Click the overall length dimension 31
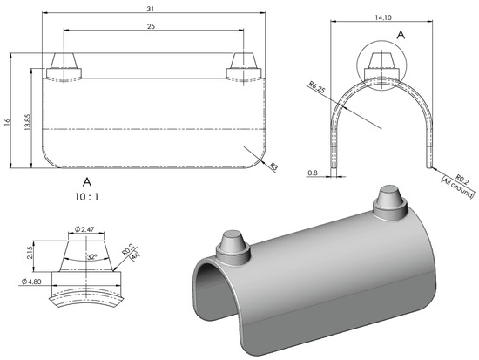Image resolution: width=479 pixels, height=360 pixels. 150,9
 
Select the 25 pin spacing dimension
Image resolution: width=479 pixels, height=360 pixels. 152,26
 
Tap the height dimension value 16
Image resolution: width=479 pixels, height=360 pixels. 7,121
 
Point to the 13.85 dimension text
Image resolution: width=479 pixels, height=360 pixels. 27,122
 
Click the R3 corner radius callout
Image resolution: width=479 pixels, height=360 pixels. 274,166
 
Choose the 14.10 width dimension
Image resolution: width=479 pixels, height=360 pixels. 383,17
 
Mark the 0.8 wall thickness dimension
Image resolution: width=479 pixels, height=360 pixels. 313,173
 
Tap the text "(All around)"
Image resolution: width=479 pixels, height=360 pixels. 458,187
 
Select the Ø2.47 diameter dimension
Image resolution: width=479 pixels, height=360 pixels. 84,228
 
